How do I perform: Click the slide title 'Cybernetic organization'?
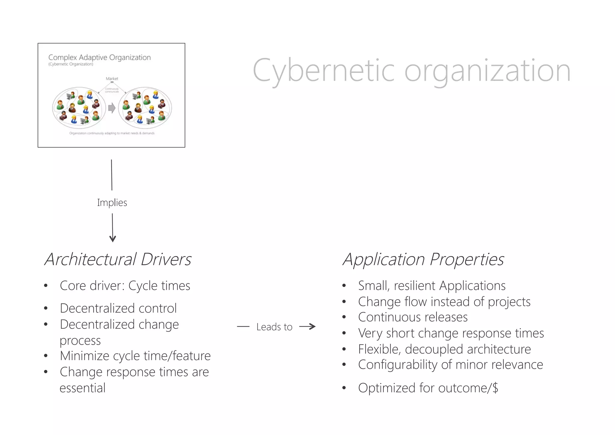pyautogui.click(x=411, y=71)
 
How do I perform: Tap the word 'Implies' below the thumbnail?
pyautogui.click(x=112, y=203)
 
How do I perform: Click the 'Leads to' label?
pyautogui.click(x=274, y=327)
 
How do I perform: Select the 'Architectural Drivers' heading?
pyautogui.click(x=118, y=259)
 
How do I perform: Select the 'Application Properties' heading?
pyautogui.click(x=423, y=259)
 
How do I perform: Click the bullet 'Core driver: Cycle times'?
pyautogui.click(x=125, y=286)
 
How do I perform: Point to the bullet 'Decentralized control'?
pyautogui.click(x=118, y=308)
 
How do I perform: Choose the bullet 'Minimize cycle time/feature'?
pyautogui.click(x=135, y=356)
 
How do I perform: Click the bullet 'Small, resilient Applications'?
pyautogui.click(x=432, y=286)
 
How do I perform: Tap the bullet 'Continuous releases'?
pyautogui.click(x=413, y=317)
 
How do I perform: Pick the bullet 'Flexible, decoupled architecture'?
pyautogui.click(x=444, y=349)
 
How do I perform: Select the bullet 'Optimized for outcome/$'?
pyautogui.click(x=428, y=388)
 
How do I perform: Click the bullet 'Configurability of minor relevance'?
pyautogui.click(x=450, y=365)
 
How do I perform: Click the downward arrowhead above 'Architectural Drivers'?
pyautogui.click(x=113, y=239)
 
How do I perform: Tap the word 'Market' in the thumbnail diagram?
pyautogui.click(x=112, y=79)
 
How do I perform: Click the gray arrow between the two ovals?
pyautogui.click(x=112, y=108)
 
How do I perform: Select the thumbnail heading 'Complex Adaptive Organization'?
pyautogui.click(x=99, y=58)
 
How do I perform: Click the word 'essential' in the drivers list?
pyautogui.click(x=83, y=388)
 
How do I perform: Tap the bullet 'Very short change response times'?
pyautogui.click(x=451, y=333)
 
